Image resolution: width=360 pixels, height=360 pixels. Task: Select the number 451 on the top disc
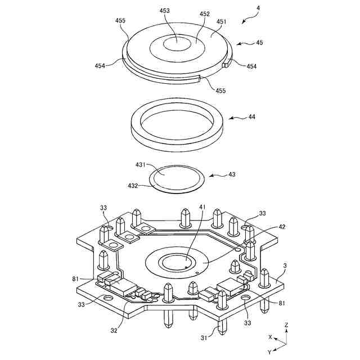point(221,22)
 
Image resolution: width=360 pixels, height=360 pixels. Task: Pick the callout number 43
point(231,174)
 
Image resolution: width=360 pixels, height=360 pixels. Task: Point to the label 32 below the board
point(114,331)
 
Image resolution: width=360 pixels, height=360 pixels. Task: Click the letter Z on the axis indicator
point(286,325)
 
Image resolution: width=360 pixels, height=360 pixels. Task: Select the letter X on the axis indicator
point(270,337)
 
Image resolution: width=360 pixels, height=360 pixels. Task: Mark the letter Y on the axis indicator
point(270,352)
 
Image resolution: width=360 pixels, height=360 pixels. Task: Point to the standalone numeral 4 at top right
point(258,8)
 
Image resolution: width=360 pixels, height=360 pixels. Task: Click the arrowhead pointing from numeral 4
point(243,21)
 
